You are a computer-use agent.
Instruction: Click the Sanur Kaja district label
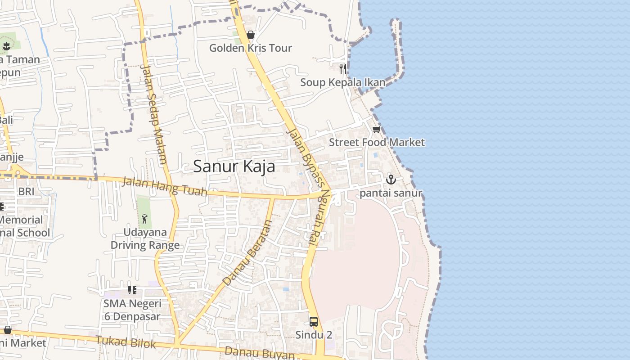point(234,166)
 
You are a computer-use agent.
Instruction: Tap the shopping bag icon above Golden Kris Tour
point(251,35)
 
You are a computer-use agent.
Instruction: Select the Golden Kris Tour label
point(251,48)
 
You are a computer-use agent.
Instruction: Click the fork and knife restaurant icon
point(343,68)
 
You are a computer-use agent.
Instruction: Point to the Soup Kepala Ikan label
point(343,82)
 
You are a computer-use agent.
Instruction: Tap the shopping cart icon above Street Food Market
point(376,130)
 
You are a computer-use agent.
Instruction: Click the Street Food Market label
point(377,143)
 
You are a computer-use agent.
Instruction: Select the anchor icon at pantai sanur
point(391,180)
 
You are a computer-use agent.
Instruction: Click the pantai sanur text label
point(391,193)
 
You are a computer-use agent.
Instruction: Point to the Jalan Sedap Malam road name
point(154,115)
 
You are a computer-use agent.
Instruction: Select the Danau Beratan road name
point(248,253)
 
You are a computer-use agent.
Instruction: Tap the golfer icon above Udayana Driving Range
point(144,219)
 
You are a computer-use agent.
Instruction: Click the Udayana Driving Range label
point(145,239)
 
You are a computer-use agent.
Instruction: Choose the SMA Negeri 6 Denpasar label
point(132,310)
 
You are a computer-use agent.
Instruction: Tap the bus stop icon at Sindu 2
point(314,322)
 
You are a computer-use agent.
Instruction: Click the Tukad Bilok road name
point(126,342)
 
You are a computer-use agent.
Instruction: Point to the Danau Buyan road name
point(260,352)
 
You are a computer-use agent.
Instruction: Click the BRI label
point(26,192)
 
